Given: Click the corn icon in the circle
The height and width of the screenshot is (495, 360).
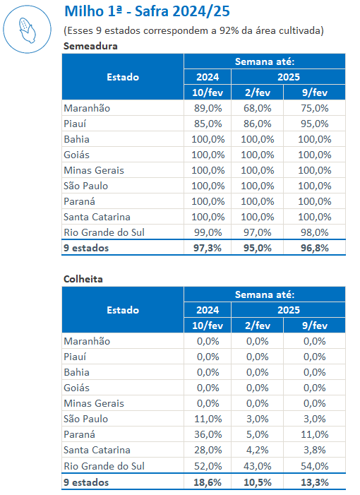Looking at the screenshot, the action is click(x=28, y=30).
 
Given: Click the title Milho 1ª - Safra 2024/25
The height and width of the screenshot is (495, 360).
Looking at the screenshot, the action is click(x=147, y=11).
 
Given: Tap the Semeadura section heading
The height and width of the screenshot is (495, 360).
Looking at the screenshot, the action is click(x=90, y=46).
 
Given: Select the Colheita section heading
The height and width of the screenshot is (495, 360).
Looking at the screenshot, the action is click(x=83, y=279).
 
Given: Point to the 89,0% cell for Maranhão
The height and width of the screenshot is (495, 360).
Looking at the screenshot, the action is click(x=208, y=108).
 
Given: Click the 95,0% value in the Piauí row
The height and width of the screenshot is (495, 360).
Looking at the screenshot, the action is click(x=315, y=124).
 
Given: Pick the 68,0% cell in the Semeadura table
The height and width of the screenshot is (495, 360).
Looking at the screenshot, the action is click(x=258, y=108).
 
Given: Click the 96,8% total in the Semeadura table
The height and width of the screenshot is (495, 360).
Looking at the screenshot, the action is click(x=315, y=248).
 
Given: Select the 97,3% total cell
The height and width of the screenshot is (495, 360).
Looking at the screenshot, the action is click(x=208, y=248).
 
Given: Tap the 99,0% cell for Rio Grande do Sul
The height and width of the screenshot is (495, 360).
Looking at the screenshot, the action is click(x=208, y=232).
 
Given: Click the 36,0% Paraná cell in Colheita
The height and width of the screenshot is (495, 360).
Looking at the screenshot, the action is click(x=208, y=434).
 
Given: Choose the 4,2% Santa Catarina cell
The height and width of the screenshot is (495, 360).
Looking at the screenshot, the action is click(x=258, y=450).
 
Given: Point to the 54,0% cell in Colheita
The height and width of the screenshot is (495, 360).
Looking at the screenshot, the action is click(x=315, y=466).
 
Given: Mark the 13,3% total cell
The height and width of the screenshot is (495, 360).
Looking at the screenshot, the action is click(x=315, y=482).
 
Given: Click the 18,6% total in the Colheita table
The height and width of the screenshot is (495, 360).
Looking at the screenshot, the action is click(x=208, y=482).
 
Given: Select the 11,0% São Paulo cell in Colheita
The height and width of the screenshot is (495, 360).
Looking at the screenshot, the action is click(x=208, y=419).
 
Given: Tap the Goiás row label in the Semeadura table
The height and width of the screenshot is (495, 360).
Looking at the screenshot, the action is click(x=77, y=155).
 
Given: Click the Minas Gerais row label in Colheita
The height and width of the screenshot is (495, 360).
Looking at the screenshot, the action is click(x=94, y=403).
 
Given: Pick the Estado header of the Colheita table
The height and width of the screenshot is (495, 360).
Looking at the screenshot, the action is click(x=123, y=310).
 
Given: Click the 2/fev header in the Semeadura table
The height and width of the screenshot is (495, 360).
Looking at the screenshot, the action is click(x=258, y=93).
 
